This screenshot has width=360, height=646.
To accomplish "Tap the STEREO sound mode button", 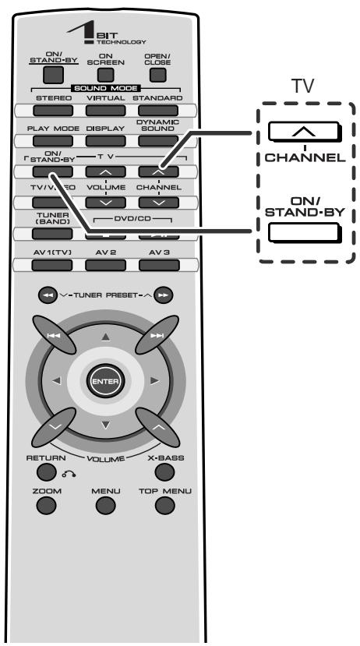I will [53, 111].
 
